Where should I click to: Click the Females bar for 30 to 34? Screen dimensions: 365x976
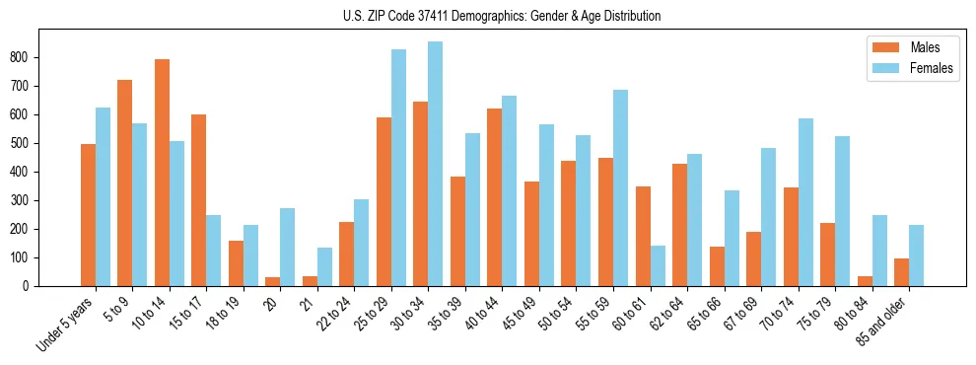tap(436, 164)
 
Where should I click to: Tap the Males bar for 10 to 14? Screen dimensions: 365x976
tap(162, 173)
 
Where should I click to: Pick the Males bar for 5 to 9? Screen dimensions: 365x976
tap(125, 182)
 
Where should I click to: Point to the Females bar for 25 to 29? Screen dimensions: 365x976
tap(398, 168)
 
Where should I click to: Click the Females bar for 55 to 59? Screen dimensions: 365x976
tap(620, 187)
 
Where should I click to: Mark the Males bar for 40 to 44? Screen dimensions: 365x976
tap(495, 197)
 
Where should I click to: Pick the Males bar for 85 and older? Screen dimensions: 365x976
tap(901, 272)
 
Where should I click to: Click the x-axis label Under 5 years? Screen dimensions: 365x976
tap(67, 325)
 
